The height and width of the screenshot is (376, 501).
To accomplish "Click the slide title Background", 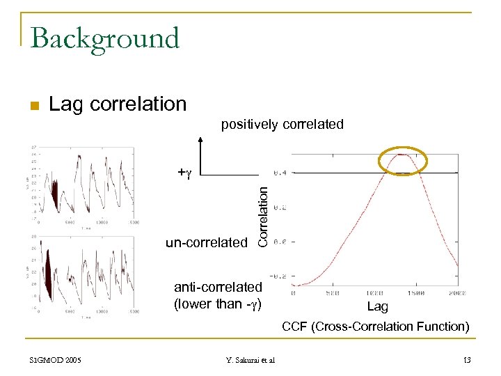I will pos(105,38).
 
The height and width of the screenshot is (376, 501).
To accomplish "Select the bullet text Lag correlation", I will pos(118,104).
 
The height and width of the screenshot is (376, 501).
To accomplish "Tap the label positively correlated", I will pos(282,125).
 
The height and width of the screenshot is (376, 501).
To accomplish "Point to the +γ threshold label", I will pos(184,171).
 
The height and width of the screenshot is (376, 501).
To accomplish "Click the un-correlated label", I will pos(206,242).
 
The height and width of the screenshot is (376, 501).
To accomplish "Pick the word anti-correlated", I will pos(218,287).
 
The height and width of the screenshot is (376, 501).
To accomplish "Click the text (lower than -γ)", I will pos(218,304).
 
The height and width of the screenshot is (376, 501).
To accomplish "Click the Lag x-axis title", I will pos(378,306).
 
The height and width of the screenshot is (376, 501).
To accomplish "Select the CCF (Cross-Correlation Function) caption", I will pos(375,326).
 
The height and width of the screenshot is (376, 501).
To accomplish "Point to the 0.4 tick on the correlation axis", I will pos(282,173).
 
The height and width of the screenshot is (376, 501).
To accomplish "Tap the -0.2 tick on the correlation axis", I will pos(280,276).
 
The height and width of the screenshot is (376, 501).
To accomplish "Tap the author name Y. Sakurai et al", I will pos(250,359).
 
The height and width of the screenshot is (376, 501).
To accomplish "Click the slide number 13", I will pos(466,359).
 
